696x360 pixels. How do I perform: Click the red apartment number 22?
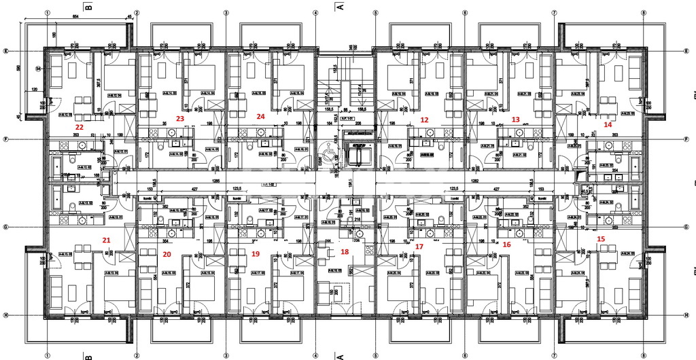80,127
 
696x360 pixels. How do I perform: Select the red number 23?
180,118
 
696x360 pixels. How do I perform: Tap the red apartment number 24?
260,116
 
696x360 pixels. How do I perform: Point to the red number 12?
425,120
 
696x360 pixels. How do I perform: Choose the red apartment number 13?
515,120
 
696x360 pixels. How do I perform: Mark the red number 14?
608,124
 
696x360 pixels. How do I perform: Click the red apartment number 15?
600,239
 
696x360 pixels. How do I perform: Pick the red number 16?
506,244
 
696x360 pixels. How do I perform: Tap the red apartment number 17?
419,247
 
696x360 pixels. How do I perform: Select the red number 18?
345,251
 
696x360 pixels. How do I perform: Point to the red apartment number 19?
256,253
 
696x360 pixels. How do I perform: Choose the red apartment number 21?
106,240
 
